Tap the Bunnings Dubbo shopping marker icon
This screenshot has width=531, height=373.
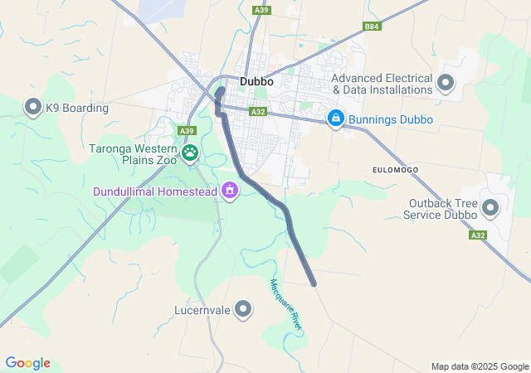click(335, 119)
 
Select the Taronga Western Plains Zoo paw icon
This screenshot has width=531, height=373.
click(191, 153)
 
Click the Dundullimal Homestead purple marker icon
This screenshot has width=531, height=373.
click(230, 192)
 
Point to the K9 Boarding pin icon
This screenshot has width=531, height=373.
click(33, 107)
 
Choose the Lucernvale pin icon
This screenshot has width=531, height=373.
click(243, 310)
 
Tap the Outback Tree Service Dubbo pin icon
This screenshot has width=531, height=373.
click(490, 208)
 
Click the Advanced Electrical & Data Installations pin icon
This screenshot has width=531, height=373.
click(446, 82)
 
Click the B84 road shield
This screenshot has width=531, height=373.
click(372, 27)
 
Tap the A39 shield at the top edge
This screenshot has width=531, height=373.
click(261, 9)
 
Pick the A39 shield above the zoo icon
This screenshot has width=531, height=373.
click(187, 131)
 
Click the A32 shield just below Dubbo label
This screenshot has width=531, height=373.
click(258, 112)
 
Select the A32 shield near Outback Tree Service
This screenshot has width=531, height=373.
click(476, 235)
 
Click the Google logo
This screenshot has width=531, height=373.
click(27, 363)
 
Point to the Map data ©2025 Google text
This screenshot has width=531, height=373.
click(479, 366)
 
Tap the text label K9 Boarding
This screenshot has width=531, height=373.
click(77, 108)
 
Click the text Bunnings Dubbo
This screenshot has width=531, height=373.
click(391, 119)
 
